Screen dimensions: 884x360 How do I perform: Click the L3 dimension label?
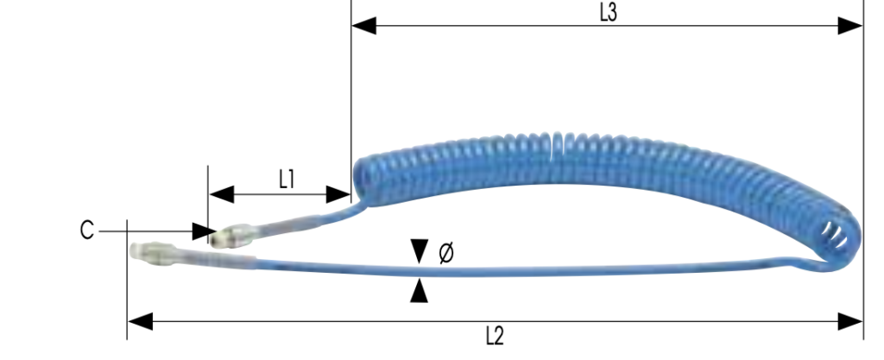(x=609, y=13)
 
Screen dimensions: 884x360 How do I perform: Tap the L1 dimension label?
(x=287, y=180)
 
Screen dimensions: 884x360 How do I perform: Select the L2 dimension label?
(x=495, y=337)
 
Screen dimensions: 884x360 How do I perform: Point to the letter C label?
(x=87, y=231)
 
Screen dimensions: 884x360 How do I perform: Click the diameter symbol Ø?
(x=446, y=253)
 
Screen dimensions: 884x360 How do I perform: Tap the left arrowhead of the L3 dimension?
(x=363, y=26)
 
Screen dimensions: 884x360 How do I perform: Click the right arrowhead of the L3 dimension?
(x=850, y=26)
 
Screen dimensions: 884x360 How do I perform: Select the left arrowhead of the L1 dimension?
(x=222, y=195)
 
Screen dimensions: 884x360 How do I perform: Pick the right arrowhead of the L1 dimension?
(x=338, y=195)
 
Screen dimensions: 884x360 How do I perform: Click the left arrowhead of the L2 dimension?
(x=141, y=322)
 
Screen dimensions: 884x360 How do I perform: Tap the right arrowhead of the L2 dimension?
(x=850, y=322)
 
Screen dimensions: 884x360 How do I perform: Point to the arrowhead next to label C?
(x=204, y=231)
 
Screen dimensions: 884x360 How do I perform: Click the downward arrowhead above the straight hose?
(x=419, y=251)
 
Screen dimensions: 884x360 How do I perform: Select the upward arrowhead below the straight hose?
(x=419, y=291)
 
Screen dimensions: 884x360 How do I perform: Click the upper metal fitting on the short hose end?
(x=232, y=235)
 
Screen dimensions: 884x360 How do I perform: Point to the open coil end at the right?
(x=835, y=235)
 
